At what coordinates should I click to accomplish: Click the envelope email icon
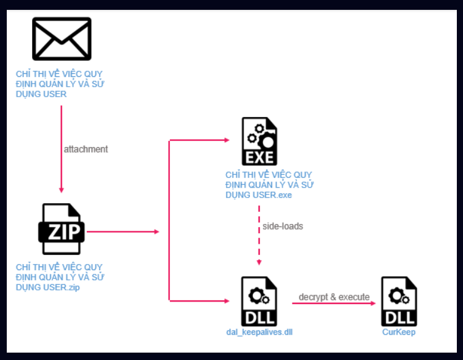(x=62, y=38)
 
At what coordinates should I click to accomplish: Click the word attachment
(x=86, y=149)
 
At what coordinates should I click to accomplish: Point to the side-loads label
(x=283, y=226)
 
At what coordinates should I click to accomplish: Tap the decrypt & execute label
(x=334, y=297)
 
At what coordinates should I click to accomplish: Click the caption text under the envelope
(x=60, y=84)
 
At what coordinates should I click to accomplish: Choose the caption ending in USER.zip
(x=60, y=277)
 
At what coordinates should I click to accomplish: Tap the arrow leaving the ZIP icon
(x=123, y=232)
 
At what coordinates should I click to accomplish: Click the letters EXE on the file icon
(x=259, y=156)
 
